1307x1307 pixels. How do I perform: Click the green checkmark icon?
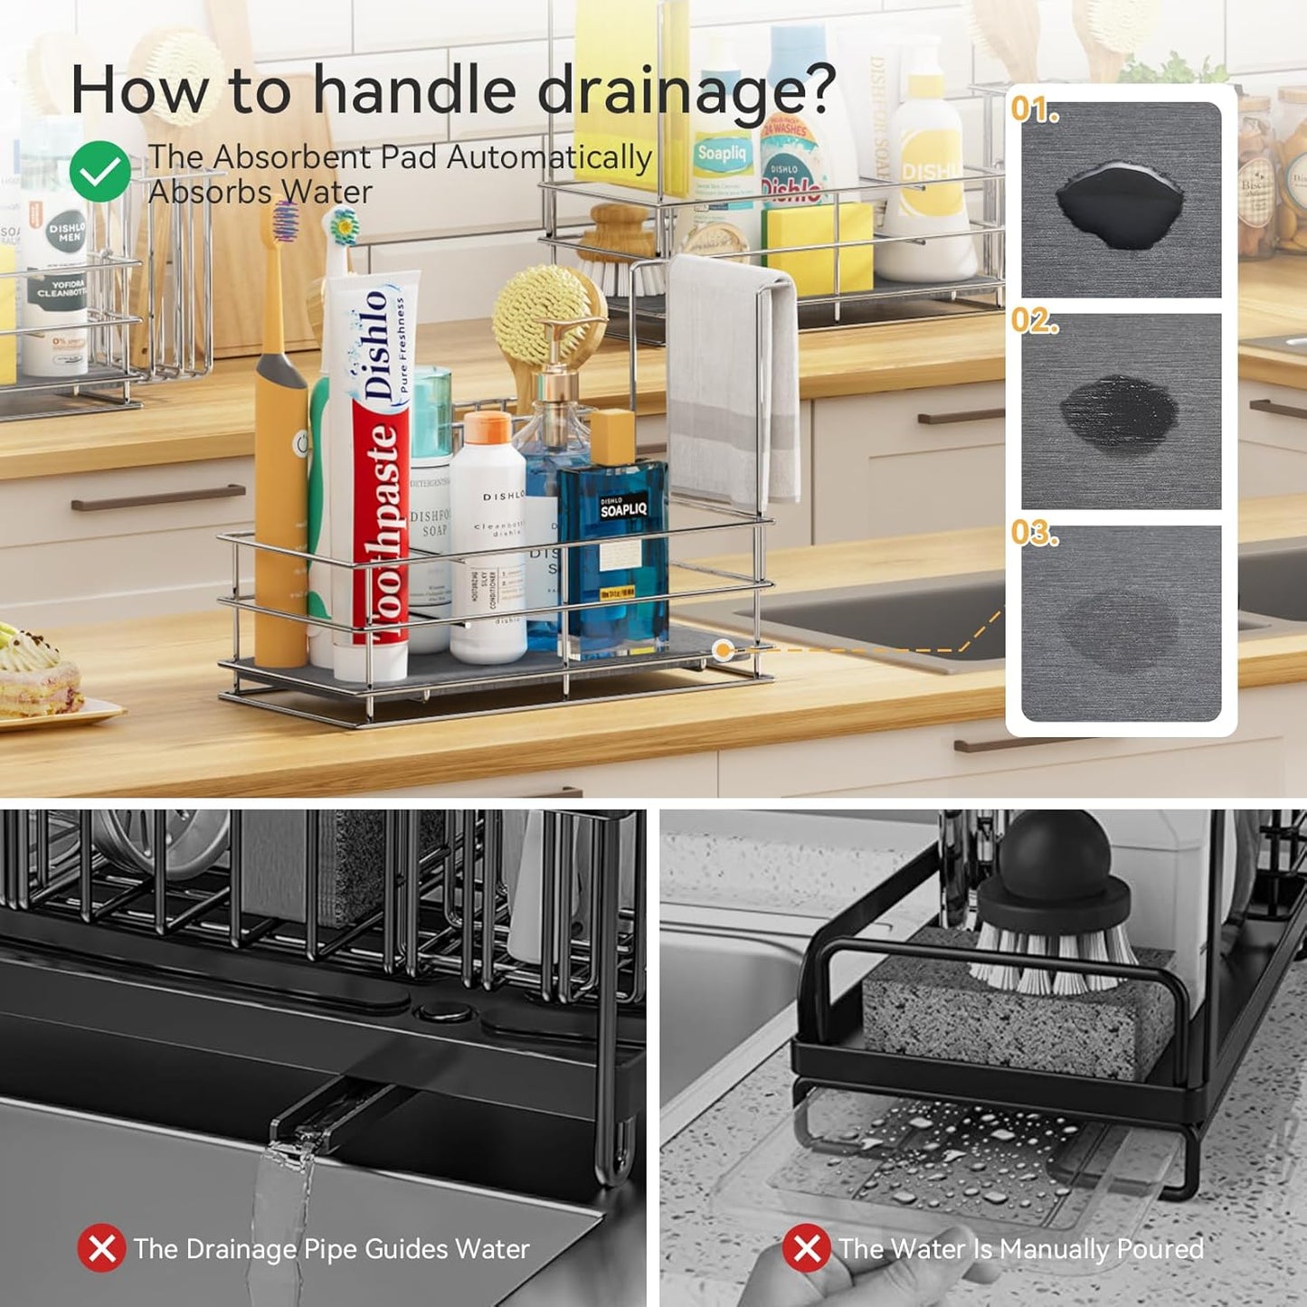(x=99, y=172)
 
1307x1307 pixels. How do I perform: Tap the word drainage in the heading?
(x=687, y=92)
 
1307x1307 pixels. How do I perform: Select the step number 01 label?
(x=1034, y=109)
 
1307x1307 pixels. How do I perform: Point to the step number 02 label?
(x=1034, y=321)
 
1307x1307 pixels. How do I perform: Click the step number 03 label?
(x=1034, y=533)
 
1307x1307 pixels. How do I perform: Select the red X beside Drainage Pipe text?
(x=101, y=1248)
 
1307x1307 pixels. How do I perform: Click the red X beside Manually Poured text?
(x=806, y=1248)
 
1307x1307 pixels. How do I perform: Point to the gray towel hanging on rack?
(x=732, y=380)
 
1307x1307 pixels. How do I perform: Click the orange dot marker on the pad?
(x=722, y=649)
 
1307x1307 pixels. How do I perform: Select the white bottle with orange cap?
(x=488, y=534)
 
